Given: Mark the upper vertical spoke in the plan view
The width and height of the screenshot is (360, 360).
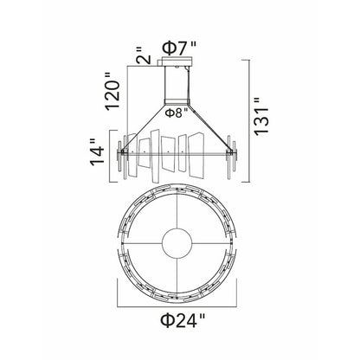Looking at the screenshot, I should click(179, 208).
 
